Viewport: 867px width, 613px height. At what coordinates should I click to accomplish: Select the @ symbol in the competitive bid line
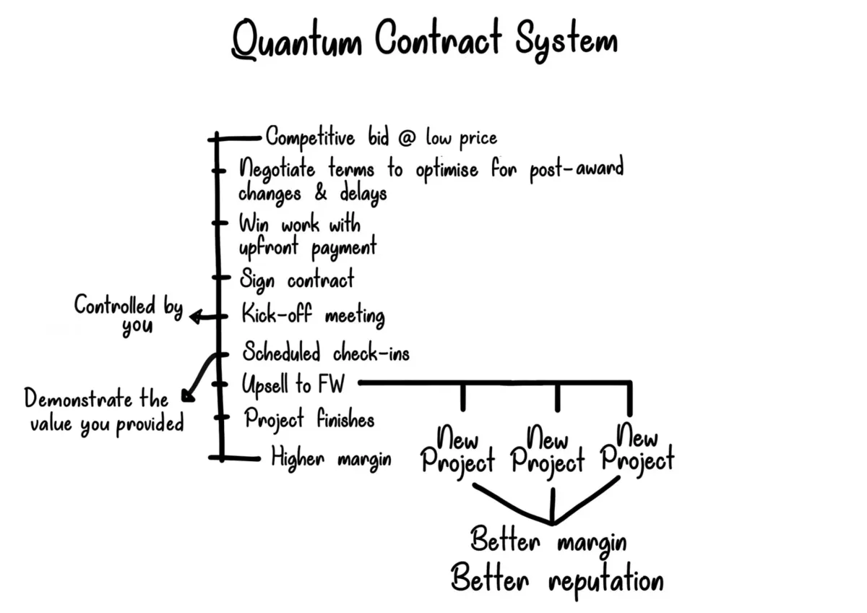point(407,137)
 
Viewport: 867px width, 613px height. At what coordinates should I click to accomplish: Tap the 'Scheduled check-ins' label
point(325,353)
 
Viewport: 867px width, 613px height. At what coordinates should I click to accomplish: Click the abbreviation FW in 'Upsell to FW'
point(334,385)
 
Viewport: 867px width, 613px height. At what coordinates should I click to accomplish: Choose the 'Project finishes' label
point(309,419)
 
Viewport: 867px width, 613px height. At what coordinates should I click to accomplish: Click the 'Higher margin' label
point(331,458)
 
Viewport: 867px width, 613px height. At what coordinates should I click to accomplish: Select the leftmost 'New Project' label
point(458,450)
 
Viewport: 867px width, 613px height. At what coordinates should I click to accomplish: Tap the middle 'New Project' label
point(547,450)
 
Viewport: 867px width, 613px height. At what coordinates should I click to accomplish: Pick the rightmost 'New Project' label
point(637,449)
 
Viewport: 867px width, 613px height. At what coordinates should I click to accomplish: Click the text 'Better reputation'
point(556,579)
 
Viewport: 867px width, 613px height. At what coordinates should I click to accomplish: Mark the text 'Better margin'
point(548,541)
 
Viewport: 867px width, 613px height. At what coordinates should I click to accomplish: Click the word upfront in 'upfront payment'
point(272,248)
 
